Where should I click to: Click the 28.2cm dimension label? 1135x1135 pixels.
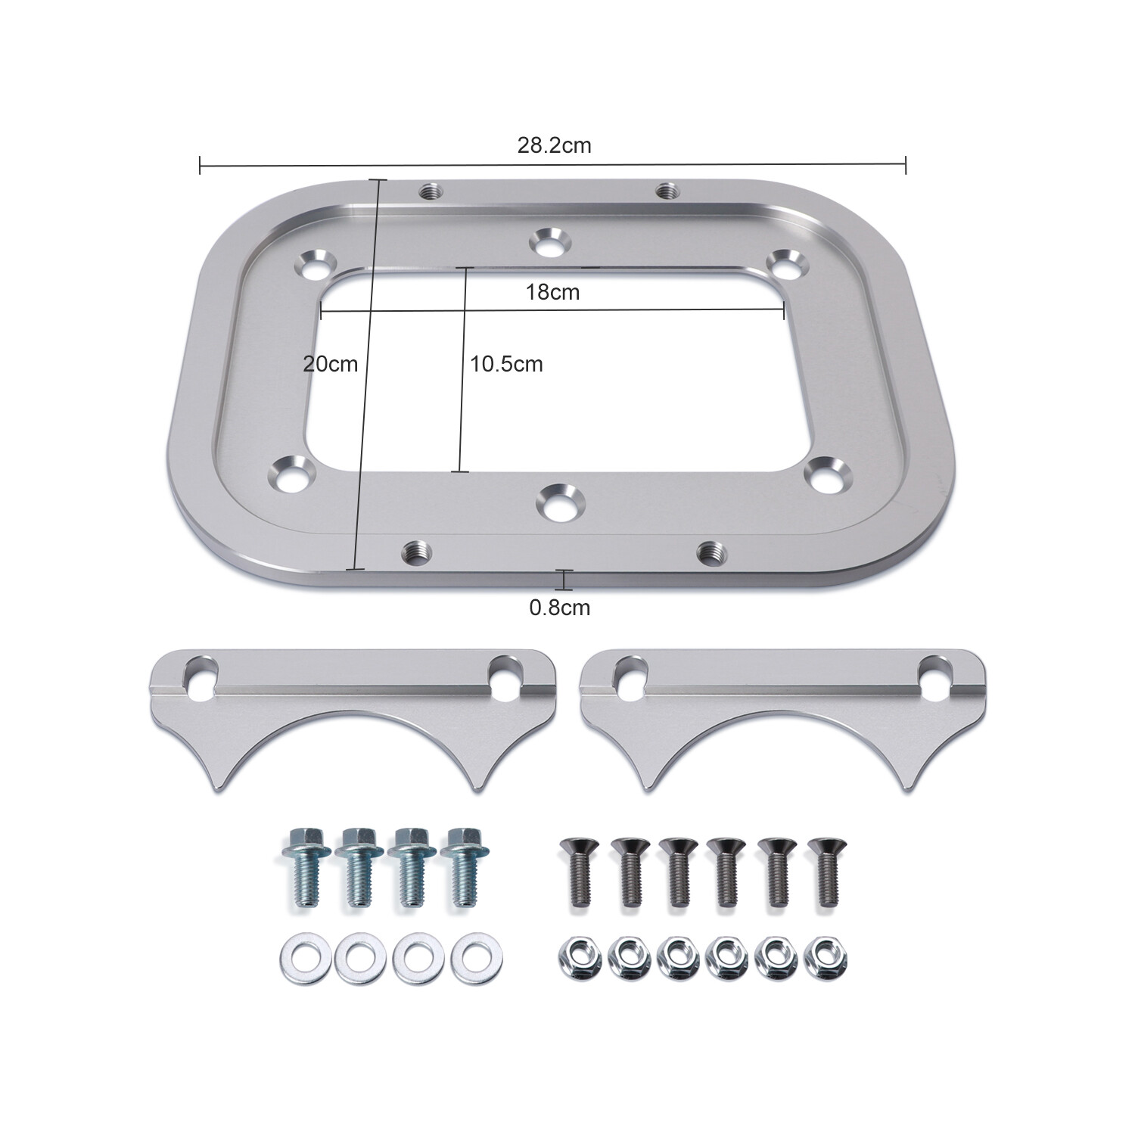point(554,145)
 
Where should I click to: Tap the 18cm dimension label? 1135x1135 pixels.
point(552,292)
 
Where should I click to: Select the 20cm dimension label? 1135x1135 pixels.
point(330,364)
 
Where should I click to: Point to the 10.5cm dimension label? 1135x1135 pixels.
point(506,364)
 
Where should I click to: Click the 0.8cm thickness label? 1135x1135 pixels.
point(559,608)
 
